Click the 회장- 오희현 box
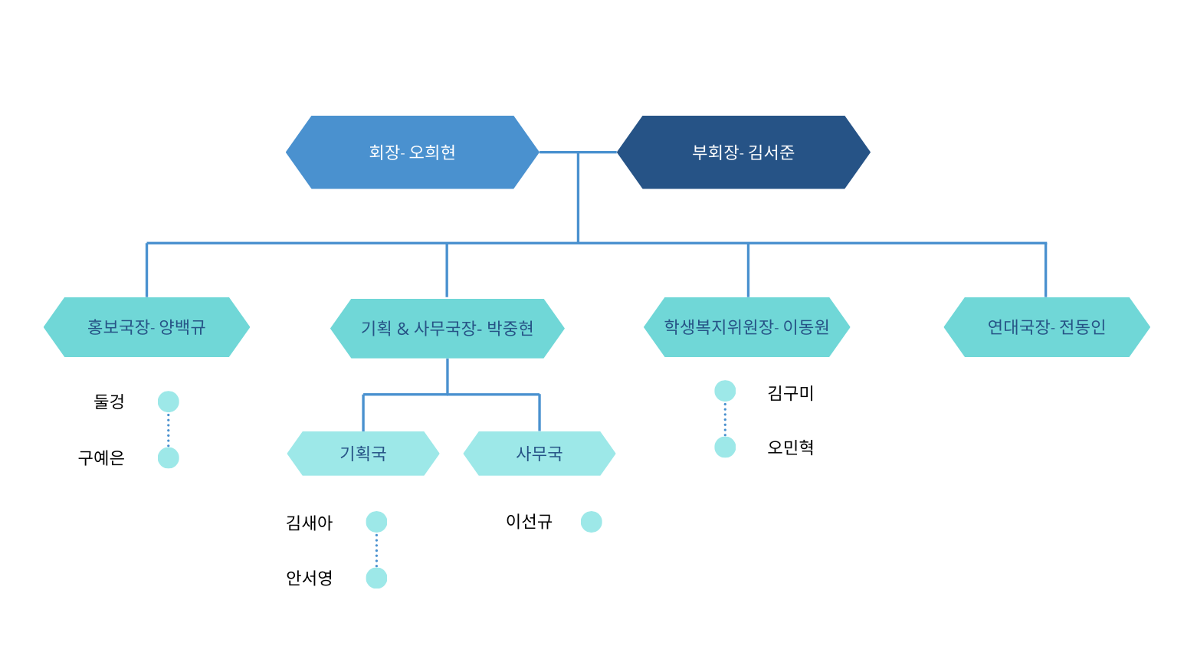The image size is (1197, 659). coord(412,152)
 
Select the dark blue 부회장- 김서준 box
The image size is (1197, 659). coord(743,152)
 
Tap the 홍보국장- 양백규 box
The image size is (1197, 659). coord(146,327)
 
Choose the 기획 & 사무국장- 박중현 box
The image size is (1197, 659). coord(448,329)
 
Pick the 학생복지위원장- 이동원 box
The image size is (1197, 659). coord(746,327)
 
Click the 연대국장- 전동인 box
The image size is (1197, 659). coord(1047,327)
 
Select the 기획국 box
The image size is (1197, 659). coord(363,454)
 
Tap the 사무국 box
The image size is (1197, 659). coord(539,454)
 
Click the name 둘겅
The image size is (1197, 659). coord(109,402)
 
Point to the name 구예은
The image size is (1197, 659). coord(101,458)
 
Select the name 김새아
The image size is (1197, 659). coord(310,523)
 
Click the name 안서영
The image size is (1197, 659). coord(310,578)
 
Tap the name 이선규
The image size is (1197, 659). coord(529,522)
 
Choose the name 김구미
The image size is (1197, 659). coord(791,393)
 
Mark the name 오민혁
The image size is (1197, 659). coord(791,448)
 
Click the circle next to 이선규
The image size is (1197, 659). coord(592,522)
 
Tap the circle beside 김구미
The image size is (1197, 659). coord(725,391)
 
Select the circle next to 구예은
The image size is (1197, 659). coord(169,458)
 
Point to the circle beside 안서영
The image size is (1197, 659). coord(376,579)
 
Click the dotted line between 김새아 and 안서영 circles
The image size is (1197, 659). coord(376,550)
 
